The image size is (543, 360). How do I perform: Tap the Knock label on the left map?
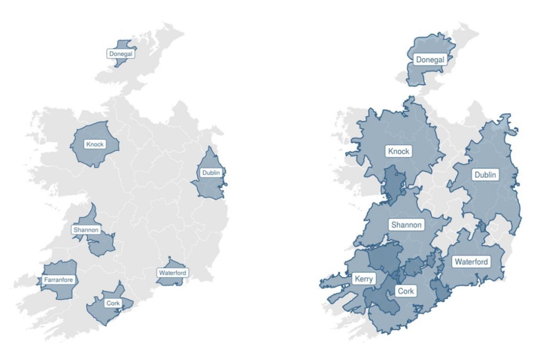(95, 144)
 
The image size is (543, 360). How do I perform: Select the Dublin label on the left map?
(211, 173)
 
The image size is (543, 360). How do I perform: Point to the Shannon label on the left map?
(86, 230)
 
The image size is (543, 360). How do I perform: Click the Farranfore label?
(58, 280)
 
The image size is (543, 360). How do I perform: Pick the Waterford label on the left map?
(172, 273)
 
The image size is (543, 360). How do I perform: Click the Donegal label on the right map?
(430, 59)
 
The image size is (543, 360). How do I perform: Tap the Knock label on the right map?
(399, 151)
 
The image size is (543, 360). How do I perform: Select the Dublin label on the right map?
(485, 175)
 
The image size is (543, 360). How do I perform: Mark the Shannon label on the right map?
(406, 225)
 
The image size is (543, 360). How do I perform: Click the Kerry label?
(364, 278)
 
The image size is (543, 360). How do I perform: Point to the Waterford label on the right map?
(471, 262)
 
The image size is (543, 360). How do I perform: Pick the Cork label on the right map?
(405, 291)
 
